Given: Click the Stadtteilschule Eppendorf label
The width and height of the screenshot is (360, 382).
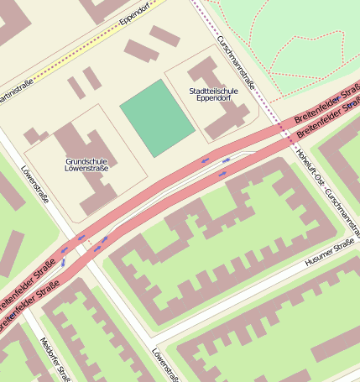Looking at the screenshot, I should click(x=214, y=93).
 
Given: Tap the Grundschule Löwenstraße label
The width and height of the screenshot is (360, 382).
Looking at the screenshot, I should click(x=86, y=164).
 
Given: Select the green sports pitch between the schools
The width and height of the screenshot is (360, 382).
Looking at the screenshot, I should click(x=158, y=118).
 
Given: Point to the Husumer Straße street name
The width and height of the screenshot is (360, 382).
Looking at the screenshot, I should click(x=331, y=253).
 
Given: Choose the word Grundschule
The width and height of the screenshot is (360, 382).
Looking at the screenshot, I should click(x=86, y=160).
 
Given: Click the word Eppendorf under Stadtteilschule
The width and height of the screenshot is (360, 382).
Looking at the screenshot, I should click(x=214, y=98).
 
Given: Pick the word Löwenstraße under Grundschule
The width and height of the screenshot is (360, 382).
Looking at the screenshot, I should click(x=86, y=169).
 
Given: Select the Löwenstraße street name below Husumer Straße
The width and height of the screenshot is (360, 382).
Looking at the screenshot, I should click(x=164, y=364).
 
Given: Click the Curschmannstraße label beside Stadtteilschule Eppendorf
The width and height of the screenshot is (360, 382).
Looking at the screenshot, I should click(x=236, y=55).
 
